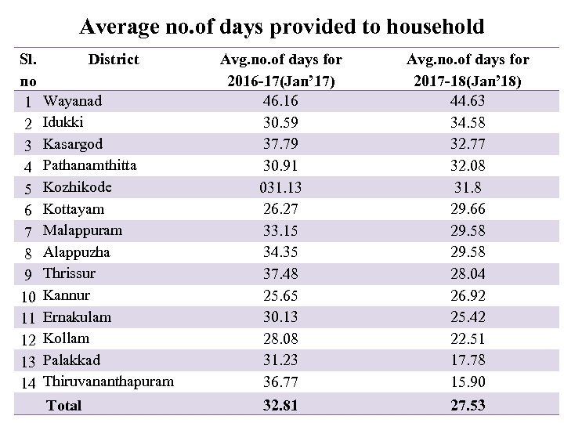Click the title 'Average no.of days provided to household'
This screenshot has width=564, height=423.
point(282,27)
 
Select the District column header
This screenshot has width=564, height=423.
point(114,60)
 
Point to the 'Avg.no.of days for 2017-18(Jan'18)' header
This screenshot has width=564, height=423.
point(468,70)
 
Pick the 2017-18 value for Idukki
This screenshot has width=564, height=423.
point(468,123)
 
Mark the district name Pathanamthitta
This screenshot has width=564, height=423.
point(89,166)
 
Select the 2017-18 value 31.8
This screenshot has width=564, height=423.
point(468,188)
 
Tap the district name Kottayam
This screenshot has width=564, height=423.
point(74,209)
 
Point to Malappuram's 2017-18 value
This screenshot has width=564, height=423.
point(468,231)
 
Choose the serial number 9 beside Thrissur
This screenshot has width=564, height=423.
point(27,274)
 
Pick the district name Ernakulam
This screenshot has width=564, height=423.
point(77,317)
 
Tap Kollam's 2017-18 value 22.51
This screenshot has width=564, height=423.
point(468,339)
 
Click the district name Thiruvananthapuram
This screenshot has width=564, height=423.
point(108,382)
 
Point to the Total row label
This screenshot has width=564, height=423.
point(64,406)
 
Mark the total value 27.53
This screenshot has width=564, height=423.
point(468,406)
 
